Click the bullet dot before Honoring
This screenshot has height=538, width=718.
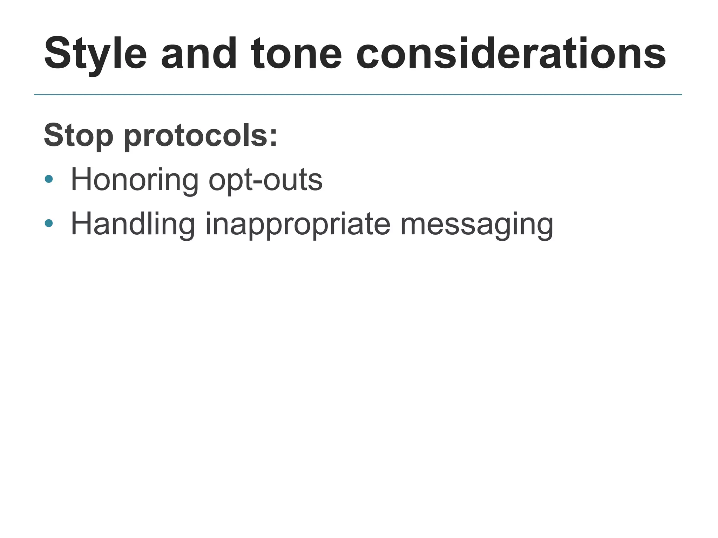pyautogui.click(x=49, y=179)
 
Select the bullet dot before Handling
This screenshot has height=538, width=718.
pyautogui.click(x=49, y=223)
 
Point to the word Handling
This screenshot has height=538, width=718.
pyautogui.click(x=133, y=224)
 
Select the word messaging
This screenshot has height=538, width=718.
pyautogui.click(x=477, y=224)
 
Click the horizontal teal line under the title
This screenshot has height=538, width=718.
pyautogui.click(x=358, y=95)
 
